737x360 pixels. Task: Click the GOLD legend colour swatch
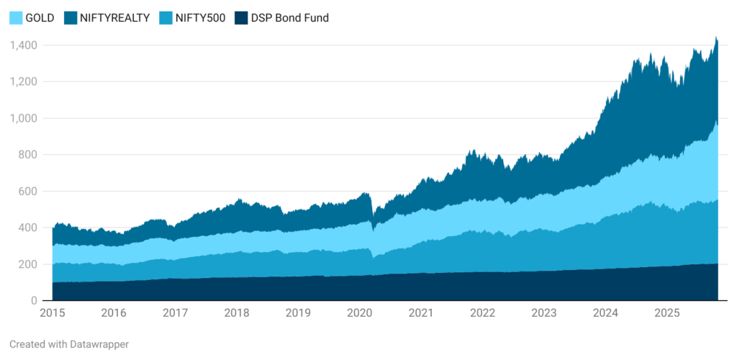16,18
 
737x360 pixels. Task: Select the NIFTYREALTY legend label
114,18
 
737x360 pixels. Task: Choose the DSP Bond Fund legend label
289,18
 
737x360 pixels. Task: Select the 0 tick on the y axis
34,301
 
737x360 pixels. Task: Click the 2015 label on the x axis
53,313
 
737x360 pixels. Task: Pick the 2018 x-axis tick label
237,313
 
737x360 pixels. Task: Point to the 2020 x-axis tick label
360,313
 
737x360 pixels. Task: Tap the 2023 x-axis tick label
544,313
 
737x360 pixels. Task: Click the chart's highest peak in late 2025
715,37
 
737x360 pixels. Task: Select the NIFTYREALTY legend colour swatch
71,18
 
